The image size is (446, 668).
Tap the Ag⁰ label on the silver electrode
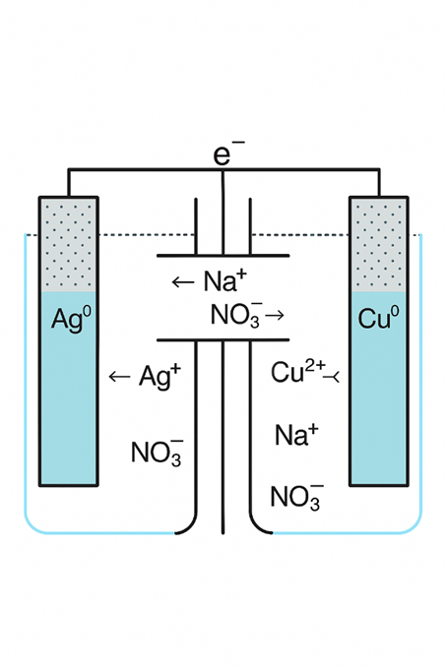point(68,320)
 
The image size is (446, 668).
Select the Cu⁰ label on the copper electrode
point(378,320)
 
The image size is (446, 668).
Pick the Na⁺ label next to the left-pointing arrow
point(224,282)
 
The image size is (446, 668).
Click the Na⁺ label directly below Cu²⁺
point(295,434)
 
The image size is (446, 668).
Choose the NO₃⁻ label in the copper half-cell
point(295,496)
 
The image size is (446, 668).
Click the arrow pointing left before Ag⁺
point(119,377)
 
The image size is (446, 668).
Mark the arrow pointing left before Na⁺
point(183,283)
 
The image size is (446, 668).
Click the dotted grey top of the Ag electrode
point(68,244)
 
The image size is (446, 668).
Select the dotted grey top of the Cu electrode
point(378,244)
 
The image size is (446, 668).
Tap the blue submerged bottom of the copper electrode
point(378,413)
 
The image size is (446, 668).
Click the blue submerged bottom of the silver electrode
point(68,413)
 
